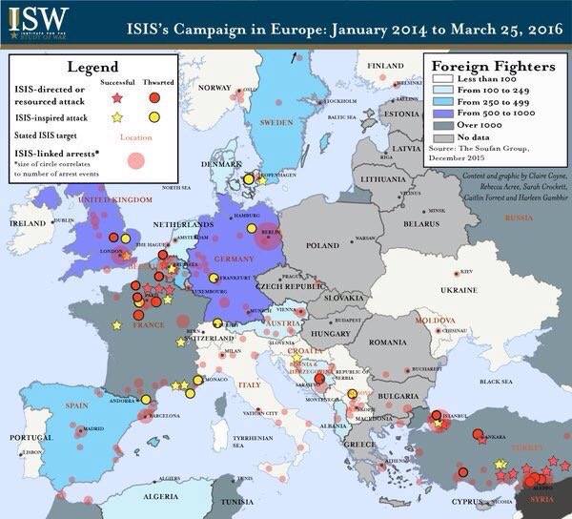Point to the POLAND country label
pos(321,245)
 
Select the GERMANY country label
pos(234,259)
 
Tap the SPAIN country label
pos(49,405)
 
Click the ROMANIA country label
pos(389,342)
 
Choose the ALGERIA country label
pos(132,496)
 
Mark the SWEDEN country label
pos(276,123)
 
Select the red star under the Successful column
pos(117,97)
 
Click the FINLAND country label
pos(386,65)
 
